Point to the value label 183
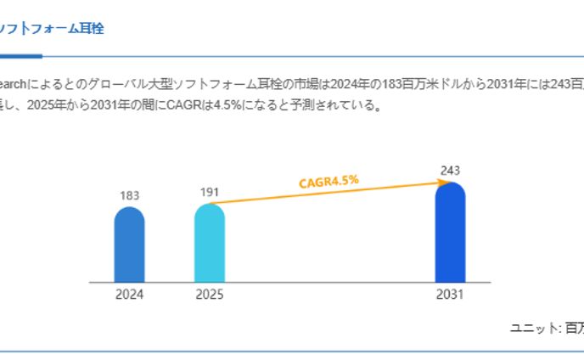129,195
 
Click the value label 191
209,192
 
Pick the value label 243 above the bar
450,171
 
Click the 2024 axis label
129,295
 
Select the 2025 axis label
209,295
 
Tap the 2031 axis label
450,295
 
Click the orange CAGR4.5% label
328,181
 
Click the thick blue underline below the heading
20,56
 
